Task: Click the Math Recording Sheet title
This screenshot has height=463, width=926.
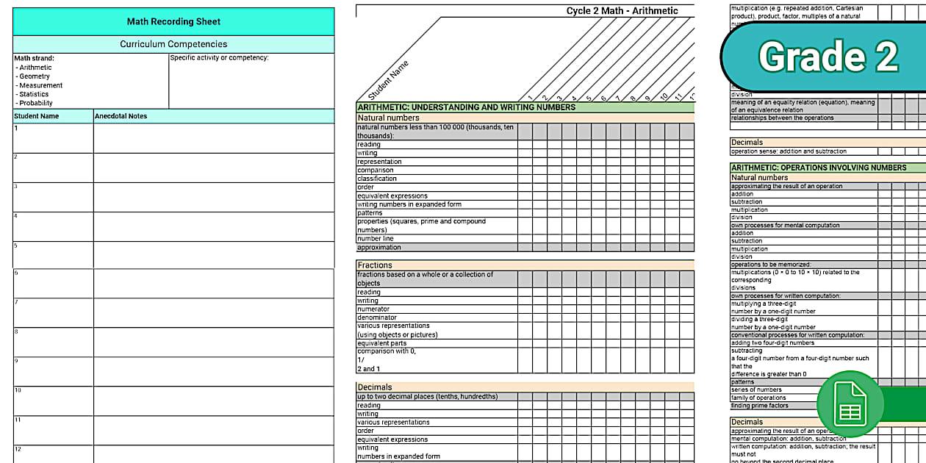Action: pyautogui.click(x=173, y=22)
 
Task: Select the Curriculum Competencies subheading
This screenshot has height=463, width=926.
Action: pyautogui.click(x=173, y=44)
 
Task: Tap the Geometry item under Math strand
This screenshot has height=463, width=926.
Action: pyautogui.click(x=35, y=76)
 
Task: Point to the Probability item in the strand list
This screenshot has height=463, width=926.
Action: pyautogui.click(x=36, y=103)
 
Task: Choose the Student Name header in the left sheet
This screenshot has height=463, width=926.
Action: pyautogui.click(x=37, y=116)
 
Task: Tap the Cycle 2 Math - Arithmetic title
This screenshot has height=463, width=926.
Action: pyautogui.click(x=622, y=11)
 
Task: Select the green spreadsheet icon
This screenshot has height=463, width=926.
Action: pyautogui.click(x=850, y=403)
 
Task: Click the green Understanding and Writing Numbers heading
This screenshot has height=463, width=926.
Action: pyautogui.click(x=467, y=107)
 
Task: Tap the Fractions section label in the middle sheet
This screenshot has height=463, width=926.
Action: pyautogui.click(x=375, y=265)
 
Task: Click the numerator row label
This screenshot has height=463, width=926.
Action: pyautogui.click(x=373, y=309)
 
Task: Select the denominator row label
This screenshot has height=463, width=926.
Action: pyautogui.click(x=377, y=317)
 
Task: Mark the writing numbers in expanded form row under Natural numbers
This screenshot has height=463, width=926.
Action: pyautogui.click(x=409, y=204)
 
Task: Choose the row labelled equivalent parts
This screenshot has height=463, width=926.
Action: pyautogui.click(x=381, y=342)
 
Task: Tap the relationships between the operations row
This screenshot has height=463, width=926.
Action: pyautogui.click(x=782, y=118)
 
